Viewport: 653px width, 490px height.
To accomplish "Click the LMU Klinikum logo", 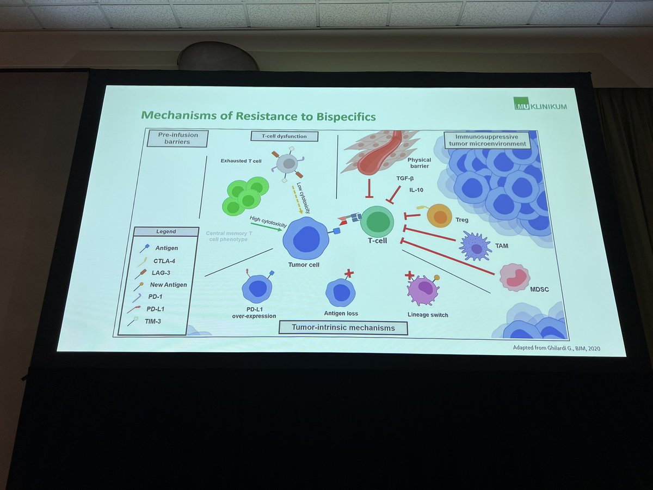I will [x=540, y=103].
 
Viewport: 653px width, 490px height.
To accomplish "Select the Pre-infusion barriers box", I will [x=177, y=138].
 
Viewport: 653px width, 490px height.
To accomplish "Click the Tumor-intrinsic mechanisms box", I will [x=343, y=328].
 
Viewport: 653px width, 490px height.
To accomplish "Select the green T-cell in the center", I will [x=377, y=221].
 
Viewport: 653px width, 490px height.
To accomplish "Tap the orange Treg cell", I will [x=439, y=216].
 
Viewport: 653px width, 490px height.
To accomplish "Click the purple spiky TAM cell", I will [x=476, y=247].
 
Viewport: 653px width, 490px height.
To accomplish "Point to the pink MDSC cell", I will [x=514, y=277].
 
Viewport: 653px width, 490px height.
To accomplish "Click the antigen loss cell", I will [x=341, y=292].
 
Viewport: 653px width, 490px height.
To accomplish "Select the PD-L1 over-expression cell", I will [x=257, y=289].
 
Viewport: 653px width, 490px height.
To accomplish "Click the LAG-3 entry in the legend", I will [x=163, y=272].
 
